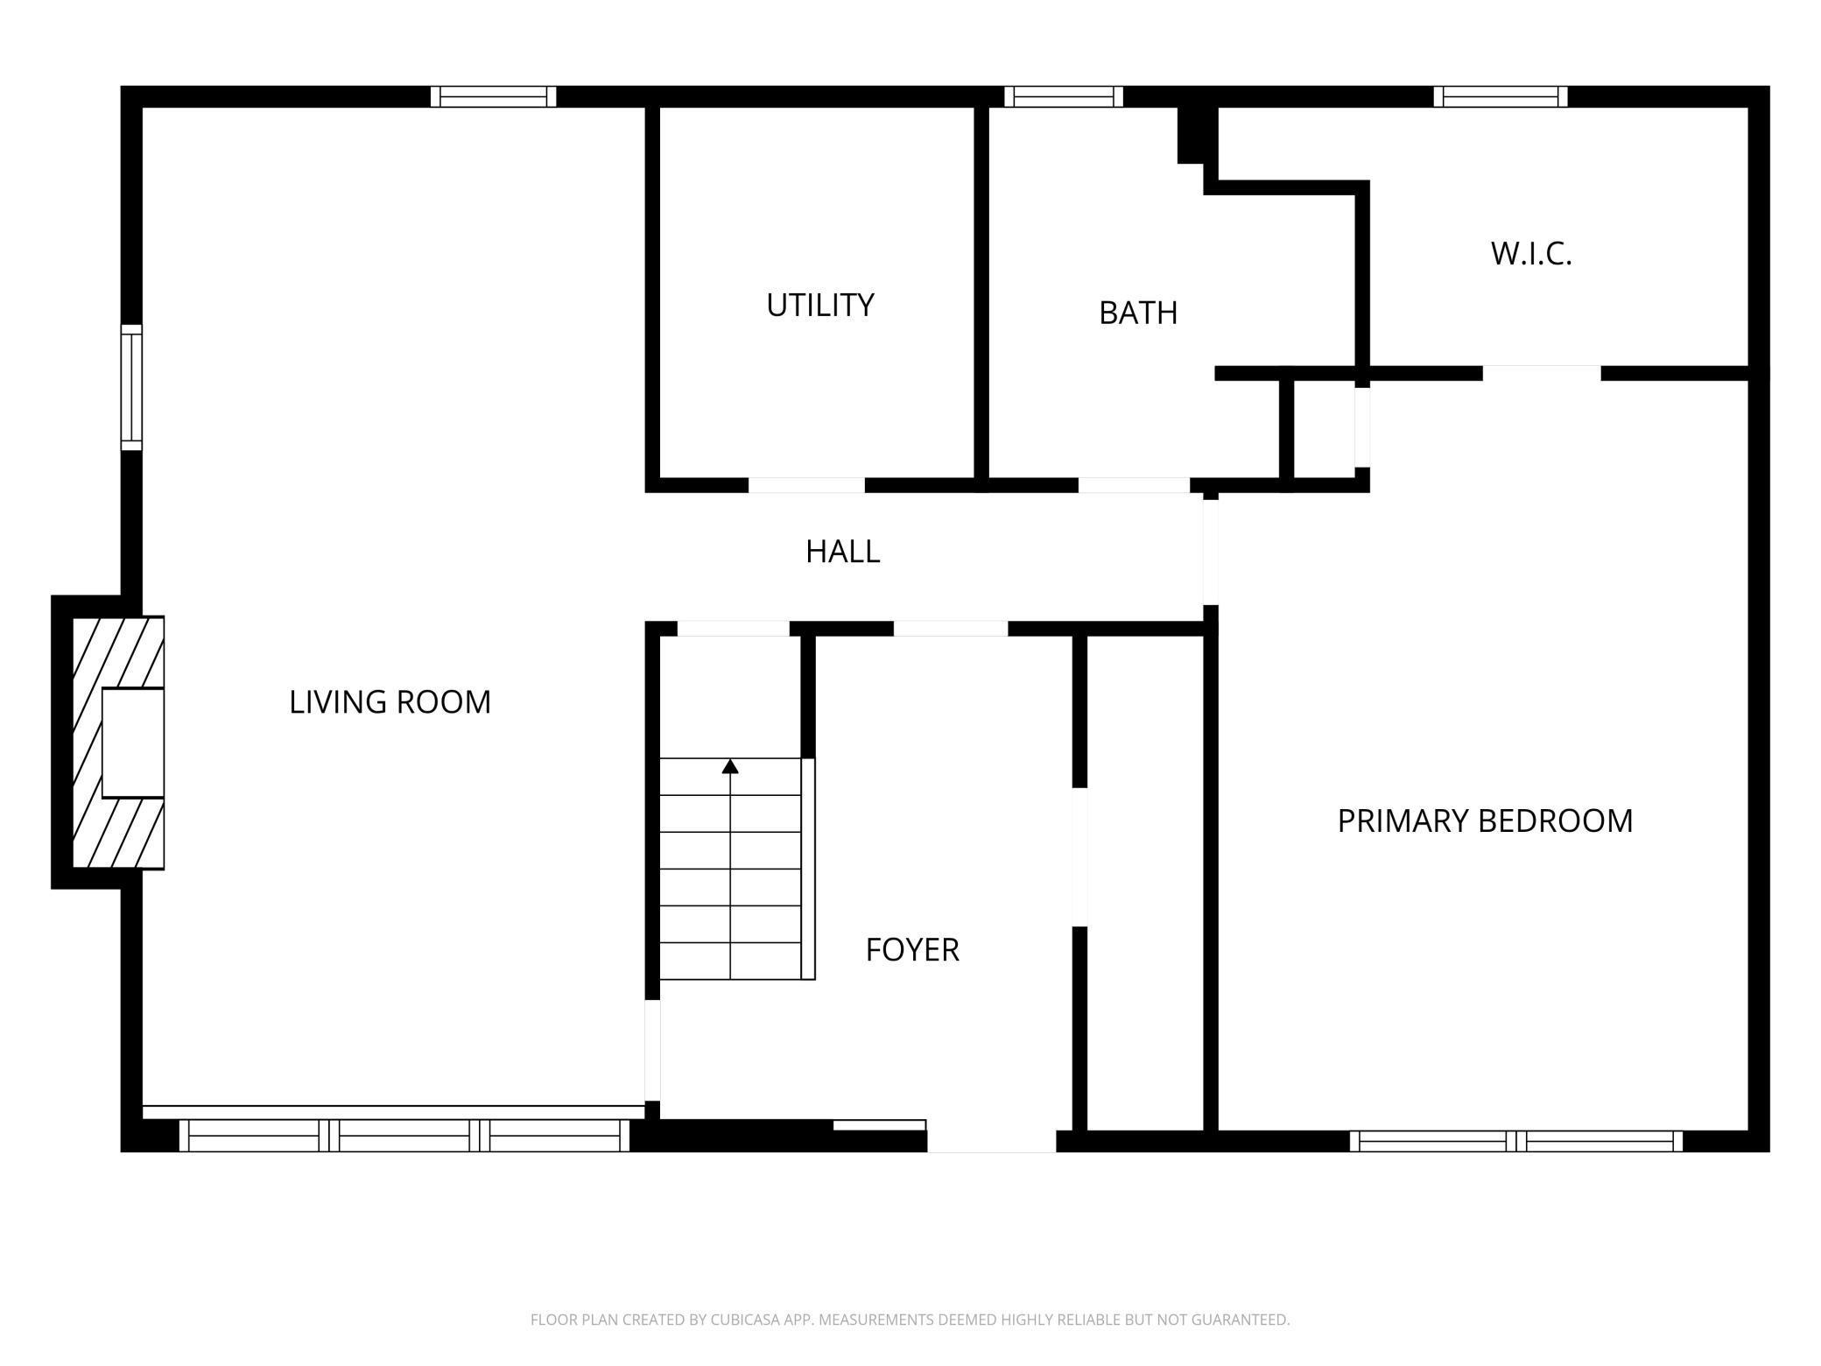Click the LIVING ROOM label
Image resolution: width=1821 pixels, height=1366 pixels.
point(390,702)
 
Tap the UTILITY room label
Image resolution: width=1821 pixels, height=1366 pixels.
point(820,306)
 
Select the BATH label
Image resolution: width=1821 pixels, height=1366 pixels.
point(1138,313)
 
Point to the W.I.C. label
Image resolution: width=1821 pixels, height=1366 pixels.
point(1531,254)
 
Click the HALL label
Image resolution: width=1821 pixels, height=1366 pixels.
point(842,552)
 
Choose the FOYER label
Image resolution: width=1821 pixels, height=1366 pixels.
point(912,950)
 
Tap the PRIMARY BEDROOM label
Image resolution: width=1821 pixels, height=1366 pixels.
point(1485,821)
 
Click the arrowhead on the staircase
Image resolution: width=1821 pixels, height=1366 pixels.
point(730,767)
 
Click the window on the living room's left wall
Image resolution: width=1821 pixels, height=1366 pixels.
point(131,387)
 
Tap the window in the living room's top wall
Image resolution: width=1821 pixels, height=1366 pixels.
point(493,96)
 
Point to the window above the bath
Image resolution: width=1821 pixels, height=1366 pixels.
point(1064,96)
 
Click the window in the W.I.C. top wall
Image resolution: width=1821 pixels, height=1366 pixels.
point(1501,96)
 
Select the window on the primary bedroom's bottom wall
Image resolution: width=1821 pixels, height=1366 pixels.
point(1515,1141)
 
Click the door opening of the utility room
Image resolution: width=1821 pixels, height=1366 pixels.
point(806,485)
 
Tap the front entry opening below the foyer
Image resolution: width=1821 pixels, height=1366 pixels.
point(992,1141)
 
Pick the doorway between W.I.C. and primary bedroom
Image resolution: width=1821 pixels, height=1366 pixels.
point(1542,374)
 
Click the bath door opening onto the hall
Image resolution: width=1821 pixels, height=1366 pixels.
point(1134,485)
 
